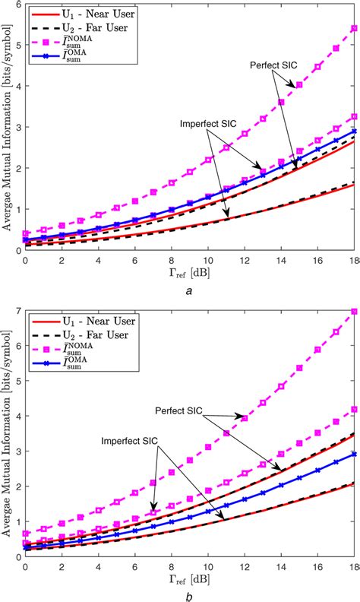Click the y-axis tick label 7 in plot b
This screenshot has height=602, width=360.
click(x=17, y=311)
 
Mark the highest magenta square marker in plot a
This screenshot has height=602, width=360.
click(x=353, y=29)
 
